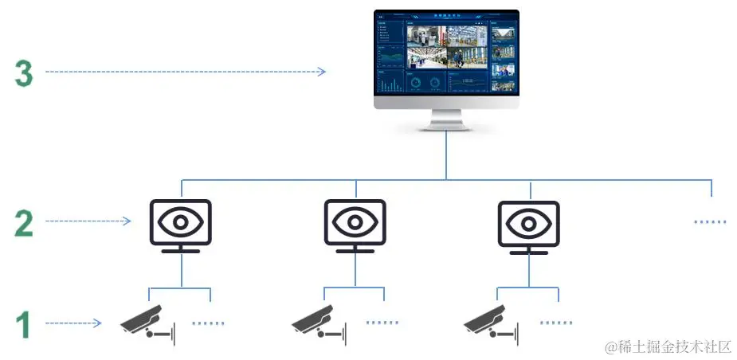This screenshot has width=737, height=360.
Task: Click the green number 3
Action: point(24,73)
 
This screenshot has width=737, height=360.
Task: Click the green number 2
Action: point(24,222)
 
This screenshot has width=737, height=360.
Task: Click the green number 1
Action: point(24,325)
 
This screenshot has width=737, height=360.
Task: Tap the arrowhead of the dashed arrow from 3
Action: point(322,72)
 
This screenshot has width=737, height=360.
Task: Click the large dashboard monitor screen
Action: point(446,54)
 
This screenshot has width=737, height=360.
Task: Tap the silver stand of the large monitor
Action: point(446,121)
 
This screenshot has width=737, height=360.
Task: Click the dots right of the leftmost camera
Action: point(209,323)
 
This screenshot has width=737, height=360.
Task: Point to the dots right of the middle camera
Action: point(382,323)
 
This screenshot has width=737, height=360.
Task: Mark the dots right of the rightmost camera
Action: point(555,323)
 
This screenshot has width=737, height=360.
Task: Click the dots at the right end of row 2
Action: point(710,222)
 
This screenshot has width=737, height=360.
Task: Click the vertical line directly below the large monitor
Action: point(446,155)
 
